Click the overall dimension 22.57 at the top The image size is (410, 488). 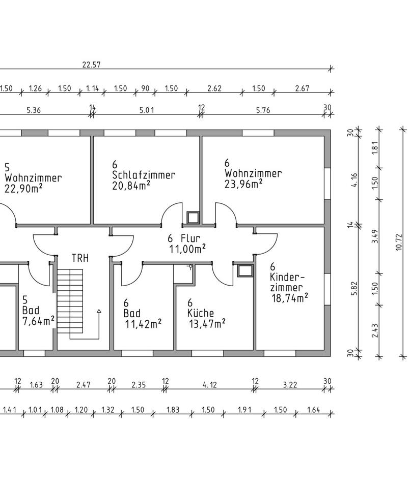[91, 65]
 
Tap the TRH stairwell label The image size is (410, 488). [80, 258]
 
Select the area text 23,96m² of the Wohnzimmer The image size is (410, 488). [243, 184]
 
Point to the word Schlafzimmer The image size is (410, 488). [144, 175]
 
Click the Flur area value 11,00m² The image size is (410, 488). [187, 249]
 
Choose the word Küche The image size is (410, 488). [201, 313]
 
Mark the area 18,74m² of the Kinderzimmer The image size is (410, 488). [290, 298]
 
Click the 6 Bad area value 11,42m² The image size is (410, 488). [143, 324]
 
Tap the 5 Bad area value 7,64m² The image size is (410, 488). [38, 321]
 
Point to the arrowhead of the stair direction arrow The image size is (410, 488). [99, 311]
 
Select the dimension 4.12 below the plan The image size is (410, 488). [209, 385]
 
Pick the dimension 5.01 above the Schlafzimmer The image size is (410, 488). [146, 110]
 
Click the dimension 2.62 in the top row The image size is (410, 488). [214, 88]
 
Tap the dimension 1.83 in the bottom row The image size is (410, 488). [173, 410]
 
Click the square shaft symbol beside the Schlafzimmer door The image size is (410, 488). [193, 218]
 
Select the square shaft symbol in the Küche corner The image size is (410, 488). [245, 271]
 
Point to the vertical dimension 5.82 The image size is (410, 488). [354, 289]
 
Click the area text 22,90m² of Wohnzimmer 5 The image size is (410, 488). [24, 189]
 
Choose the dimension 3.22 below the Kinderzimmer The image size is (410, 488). [290, 385]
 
